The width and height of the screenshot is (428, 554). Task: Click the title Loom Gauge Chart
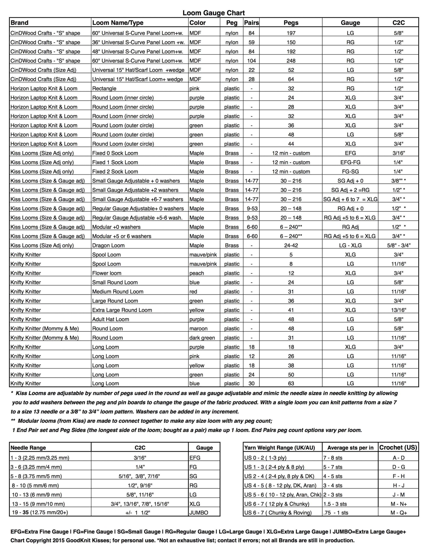214,13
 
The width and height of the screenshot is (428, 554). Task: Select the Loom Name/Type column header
118,23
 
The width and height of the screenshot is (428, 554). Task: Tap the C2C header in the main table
398,23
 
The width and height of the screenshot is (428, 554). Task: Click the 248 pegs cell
291,61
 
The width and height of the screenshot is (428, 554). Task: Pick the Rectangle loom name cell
104,89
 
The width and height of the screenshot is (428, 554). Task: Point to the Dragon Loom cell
108,246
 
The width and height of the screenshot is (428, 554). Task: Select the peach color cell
197,273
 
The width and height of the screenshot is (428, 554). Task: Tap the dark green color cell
202,338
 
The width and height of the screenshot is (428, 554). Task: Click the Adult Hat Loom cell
111,319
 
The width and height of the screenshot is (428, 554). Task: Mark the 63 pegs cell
291,383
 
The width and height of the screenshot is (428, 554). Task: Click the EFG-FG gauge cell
350,162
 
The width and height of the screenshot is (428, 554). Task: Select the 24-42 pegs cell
291,246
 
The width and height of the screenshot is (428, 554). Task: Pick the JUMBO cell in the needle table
199,513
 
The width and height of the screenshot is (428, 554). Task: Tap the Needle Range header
28,448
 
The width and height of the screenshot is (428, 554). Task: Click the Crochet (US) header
398,448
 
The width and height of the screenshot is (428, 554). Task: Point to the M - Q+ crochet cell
399,513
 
